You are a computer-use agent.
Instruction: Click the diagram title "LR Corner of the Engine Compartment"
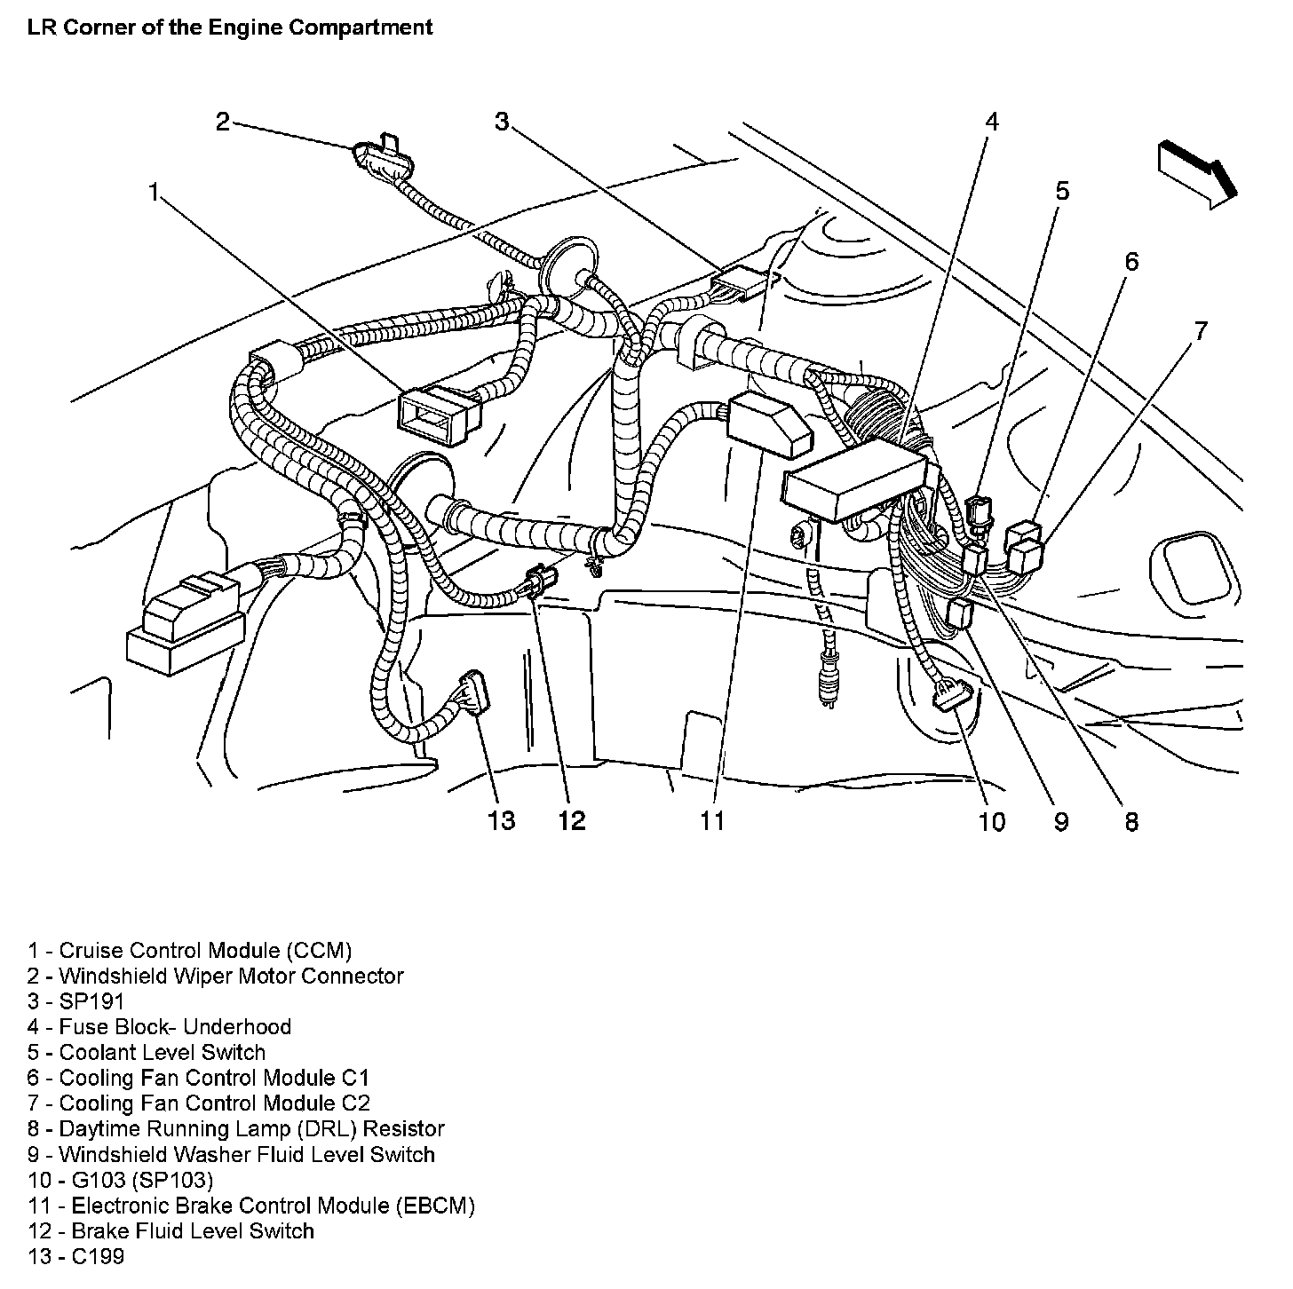click(230, 28)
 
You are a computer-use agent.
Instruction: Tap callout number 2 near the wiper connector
click(222, 121)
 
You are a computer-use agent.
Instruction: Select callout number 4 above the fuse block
click(991, 121)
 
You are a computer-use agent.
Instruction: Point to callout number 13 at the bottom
click(501, 820)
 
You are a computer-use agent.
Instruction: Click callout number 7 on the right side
click(1200, 332)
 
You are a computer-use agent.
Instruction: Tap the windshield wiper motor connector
click(372, 156)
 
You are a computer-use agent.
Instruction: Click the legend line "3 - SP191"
click(75, 1001)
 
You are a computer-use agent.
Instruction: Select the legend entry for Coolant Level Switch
click(147, 1053)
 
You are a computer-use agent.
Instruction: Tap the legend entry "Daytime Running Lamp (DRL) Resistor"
click(235, 1129)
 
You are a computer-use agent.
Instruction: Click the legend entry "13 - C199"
click(75, 1257)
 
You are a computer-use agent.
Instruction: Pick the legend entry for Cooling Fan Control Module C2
click(198, 1103)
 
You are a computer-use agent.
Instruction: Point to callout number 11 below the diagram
click(712, 820)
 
